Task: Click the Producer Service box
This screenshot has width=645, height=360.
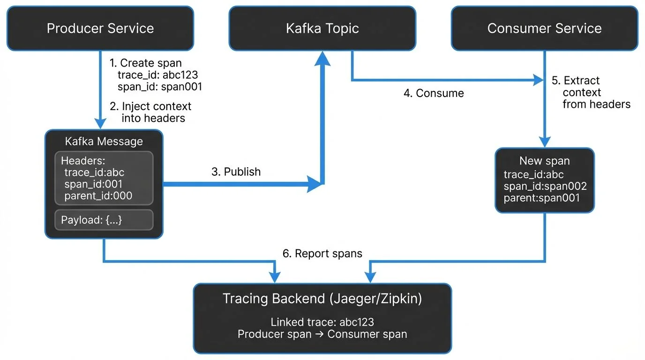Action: [100, 28]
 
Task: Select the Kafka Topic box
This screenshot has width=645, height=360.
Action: [322, 28]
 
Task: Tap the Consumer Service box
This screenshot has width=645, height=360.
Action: [544, 28]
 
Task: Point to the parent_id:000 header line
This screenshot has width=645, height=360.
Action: [98, 195]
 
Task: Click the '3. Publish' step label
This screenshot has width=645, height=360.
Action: [236, 172]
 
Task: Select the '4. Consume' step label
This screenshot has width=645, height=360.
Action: [434, 93]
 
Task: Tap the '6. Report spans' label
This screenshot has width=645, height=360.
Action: [322, 254]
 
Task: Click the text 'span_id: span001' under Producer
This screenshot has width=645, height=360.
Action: [159, 87]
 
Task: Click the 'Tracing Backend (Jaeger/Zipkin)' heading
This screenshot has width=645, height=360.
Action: [322, 299]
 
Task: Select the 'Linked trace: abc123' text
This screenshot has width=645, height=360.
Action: [322, 322]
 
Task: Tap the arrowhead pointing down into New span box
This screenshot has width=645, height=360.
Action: [544, 141]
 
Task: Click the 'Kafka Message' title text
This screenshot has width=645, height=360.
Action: [104, 141]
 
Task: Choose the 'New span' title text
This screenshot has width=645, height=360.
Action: [544, 161]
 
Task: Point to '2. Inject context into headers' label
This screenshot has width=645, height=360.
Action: [151, 112]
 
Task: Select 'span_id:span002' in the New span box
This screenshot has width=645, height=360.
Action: [545, 186]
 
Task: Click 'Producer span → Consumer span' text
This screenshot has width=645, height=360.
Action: [322, 334]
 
